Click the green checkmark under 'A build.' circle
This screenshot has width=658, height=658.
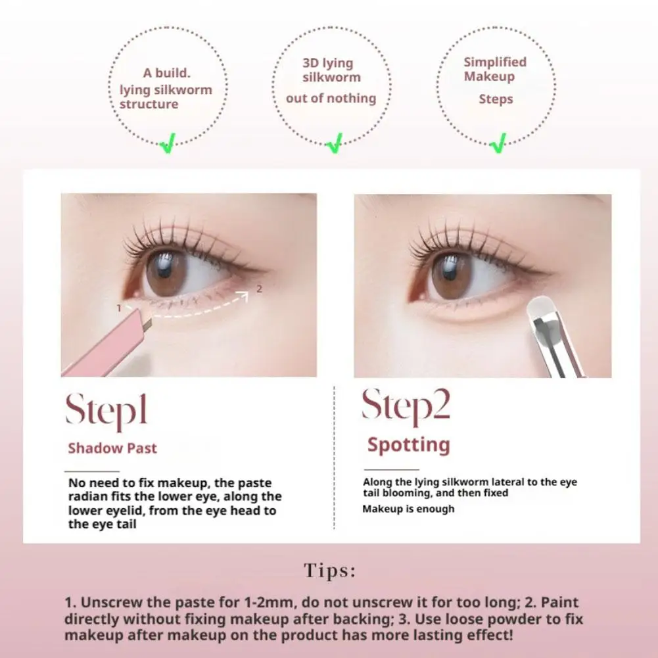click(x=168, y=142)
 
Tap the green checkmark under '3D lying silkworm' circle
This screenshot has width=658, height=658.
click(x=335, y=142)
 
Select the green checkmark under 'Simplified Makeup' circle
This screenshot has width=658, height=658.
click(x=499, y=142)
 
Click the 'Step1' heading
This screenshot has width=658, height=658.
click(x=106, y=410)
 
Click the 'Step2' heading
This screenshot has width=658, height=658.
click(x=406, y=406)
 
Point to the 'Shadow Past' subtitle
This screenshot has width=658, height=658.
click(x=112, y=448)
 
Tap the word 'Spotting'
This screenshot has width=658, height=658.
click(x=408, y=445)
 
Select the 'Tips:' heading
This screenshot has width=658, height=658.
click(x=329, y=571)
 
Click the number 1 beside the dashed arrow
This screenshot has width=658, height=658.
click(x=118, y=308)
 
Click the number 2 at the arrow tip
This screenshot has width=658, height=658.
click(x=259, y=289)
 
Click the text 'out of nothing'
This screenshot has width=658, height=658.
click(x=331, y=99)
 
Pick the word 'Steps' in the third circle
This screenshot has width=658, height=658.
click(x=496, y=99)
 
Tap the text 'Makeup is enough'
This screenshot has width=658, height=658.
click(x=408, y=509)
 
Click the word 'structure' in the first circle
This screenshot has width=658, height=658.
click(x=149, y=105)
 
